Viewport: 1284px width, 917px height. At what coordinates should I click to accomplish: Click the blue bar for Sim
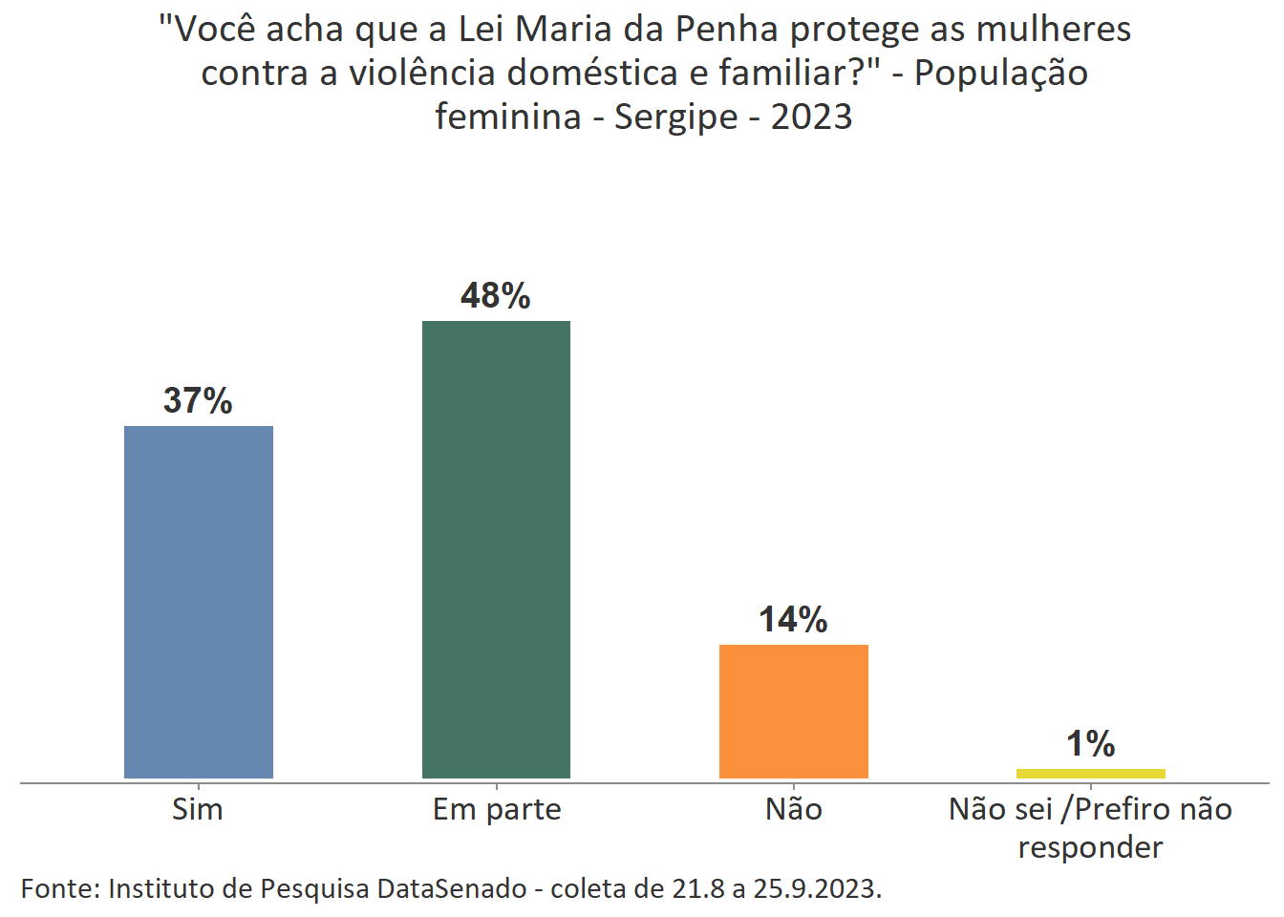pos(199,602)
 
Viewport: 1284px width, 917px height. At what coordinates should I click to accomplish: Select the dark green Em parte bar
pos(496,549)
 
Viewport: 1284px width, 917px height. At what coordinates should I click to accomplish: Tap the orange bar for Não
pos(793,711)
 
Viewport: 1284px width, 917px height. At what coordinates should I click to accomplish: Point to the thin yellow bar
pos(1090,773)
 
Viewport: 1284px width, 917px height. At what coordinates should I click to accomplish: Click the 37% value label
pos(198,401)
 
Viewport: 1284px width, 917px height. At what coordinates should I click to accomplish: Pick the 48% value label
pos(495,296)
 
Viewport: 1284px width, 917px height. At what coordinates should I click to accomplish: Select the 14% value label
pos(793,620)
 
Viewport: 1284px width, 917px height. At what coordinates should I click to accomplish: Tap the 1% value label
pos(1090,744)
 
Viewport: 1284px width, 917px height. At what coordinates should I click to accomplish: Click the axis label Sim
pos(198,810)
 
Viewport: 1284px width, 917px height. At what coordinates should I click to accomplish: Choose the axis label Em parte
pos(497,810)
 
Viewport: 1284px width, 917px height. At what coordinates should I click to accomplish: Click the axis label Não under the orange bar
pos(794,810)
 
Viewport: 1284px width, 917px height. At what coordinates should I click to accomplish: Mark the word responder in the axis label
pos(1090,848)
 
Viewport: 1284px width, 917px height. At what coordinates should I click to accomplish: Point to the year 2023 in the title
pos(811,117)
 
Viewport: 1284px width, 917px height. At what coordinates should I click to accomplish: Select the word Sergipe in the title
pos(675,117)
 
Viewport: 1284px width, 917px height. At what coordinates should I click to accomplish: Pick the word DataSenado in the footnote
pos(452,889)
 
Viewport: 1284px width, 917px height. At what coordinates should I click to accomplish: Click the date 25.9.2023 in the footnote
pos(817,889)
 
